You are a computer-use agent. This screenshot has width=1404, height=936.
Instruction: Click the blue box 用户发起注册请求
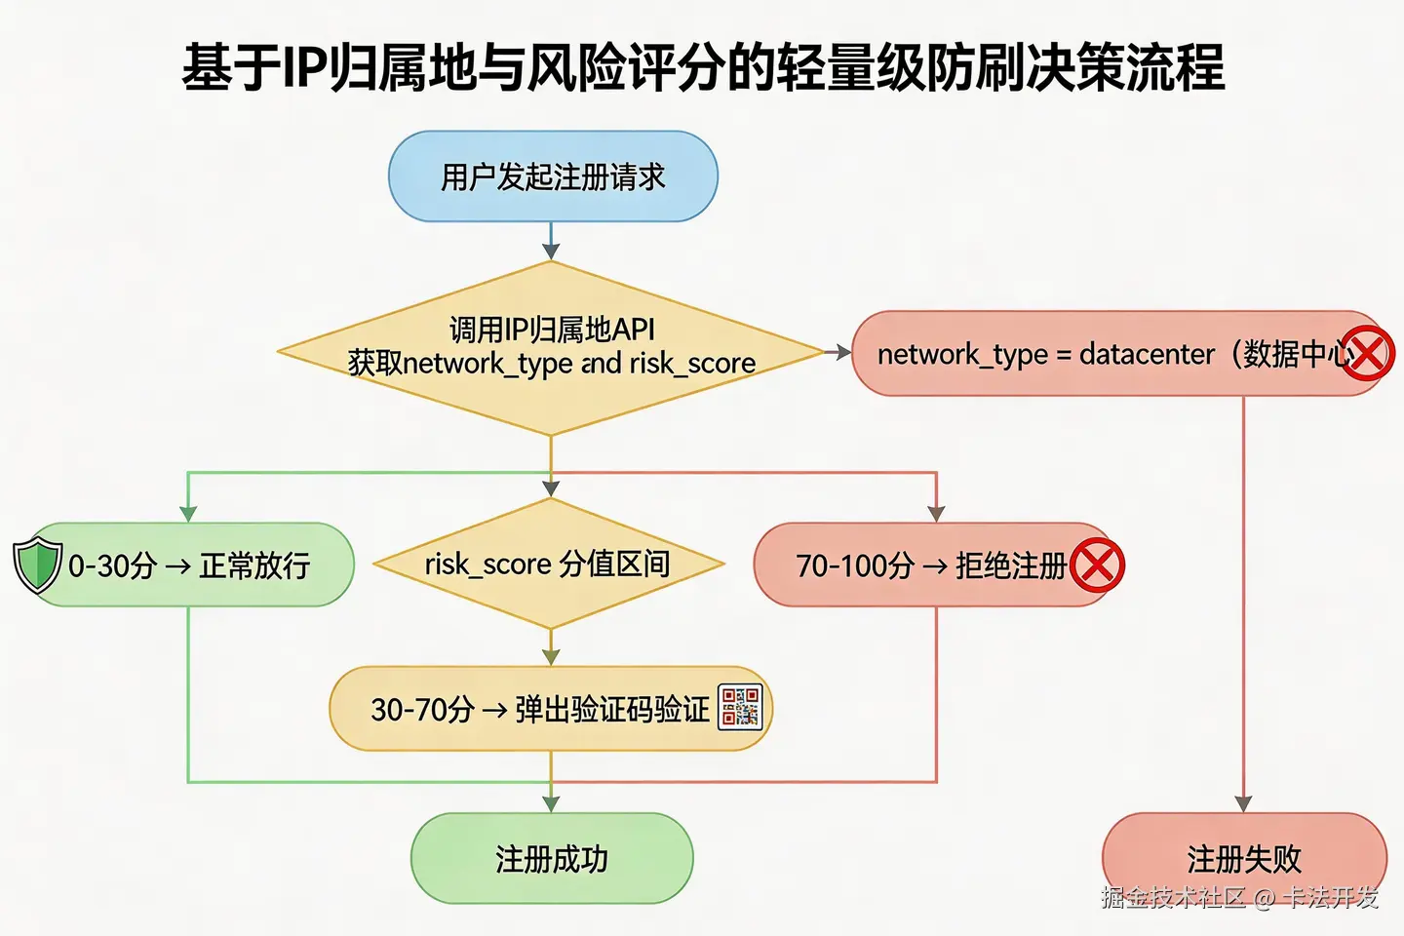pyautogui.click(x=553, y=176)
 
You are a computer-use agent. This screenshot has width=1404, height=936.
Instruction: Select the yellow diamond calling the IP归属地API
pyautogui.click(x=551, y=348)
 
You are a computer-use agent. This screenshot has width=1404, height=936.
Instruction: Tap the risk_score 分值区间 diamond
pyautogui.click(x=548, y=564)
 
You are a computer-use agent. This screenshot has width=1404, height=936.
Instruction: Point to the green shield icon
pyautogui.click(x=38, y=564)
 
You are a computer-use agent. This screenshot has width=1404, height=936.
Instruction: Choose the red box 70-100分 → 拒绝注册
pyautogui.click(x=931, y=565)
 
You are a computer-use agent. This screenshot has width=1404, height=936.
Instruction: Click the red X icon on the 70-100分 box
pyautogui.click(x=1097, y=565)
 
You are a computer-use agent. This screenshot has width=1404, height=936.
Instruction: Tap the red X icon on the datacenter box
pyautogui.click(x=1368, y=353)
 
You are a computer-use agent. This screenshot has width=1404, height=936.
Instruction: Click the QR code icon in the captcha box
pyautogui.click(x=740, y=707)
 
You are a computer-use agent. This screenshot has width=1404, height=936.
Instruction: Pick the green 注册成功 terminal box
pyautogui.click(x=552, y=859)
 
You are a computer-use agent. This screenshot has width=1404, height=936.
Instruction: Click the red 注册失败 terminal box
pyautogui.click(x=1244, y=858)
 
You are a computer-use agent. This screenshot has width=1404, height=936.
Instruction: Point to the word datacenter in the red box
pyautogui.click(x=1147, y=354)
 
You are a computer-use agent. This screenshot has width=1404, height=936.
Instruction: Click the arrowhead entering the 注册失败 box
pyautogui.click(x=1243, y=803)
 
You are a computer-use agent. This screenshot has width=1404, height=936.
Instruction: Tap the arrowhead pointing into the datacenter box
pyautogui.click(x=842, y=352)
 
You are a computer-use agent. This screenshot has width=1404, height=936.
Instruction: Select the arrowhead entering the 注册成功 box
pyautogui.click(x=552, y=803)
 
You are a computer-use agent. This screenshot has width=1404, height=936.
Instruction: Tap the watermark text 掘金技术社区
pyautogui.click(x=1173, y=897)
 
